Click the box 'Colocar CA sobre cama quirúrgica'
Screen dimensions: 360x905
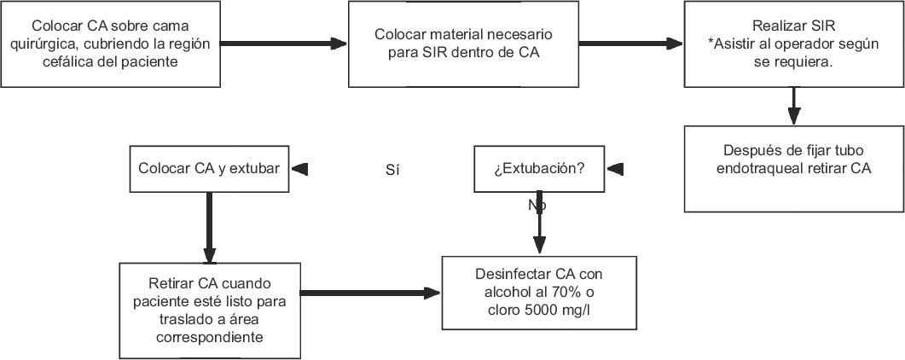pos(113,44)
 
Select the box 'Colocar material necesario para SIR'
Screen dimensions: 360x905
pos(463,44)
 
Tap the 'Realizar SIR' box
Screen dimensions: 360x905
pos(793,44)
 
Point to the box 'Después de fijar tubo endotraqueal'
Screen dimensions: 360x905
pos(793,169)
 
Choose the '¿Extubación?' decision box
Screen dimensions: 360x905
pos(538,168)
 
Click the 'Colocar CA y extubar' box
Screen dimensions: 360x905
pos(208,168)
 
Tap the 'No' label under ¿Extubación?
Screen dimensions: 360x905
pos(537,206)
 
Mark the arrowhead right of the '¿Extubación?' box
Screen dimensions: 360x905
pos(615,168)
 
